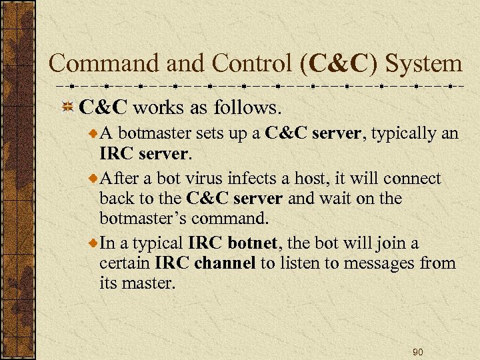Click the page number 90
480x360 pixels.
click(x=418, y=351)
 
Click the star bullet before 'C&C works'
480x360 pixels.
click(x=67, y=107)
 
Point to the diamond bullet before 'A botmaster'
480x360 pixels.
click(x=93, y=134)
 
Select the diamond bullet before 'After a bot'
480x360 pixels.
click(x=93, y=179)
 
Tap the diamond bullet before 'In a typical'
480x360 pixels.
click(x=93, y=243)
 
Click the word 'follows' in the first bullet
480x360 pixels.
click(x=251, y=107)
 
